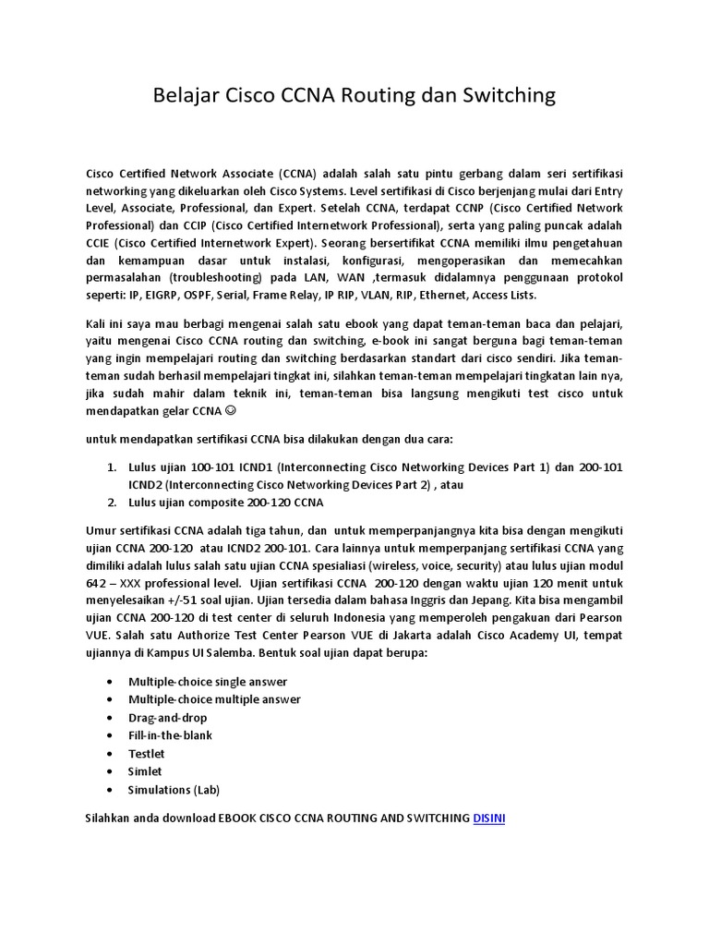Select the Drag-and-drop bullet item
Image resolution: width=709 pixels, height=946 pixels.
168,718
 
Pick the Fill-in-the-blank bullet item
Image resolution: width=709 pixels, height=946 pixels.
171,735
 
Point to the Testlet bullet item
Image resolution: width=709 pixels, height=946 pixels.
147,754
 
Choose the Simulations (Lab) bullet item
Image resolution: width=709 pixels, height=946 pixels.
174,790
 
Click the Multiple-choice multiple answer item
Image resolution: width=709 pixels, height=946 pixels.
214,699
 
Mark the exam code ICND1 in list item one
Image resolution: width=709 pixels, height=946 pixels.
261,467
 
